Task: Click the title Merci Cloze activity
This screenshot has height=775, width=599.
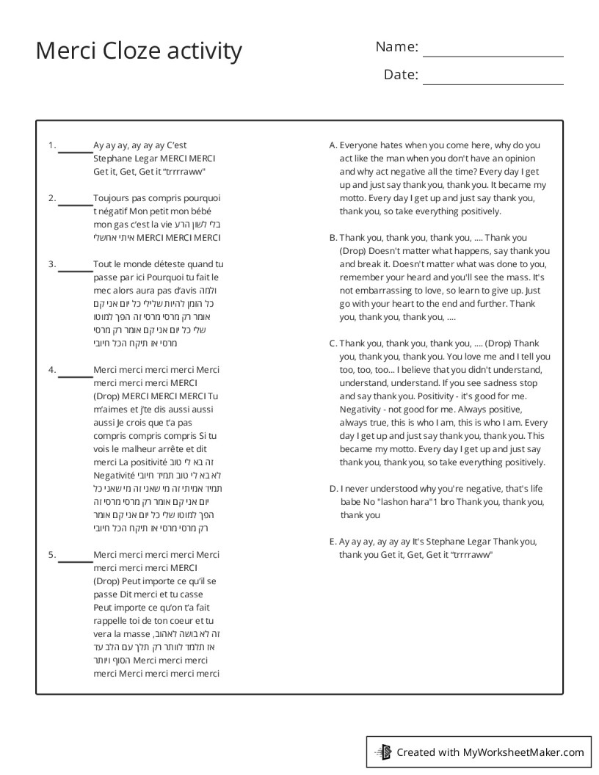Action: [x=139, y=51]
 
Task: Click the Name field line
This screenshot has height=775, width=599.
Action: [x=493, y=56]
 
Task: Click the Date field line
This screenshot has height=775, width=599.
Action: [x=493, y=84]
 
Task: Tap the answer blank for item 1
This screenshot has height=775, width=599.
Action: [x=75, y=151]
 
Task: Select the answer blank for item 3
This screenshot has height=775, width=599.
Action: [x=75, y=269]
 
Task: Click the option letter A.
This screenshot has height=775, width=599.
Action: [x=333, y=145]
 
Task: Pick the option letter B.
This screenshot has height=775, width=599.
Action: [x=333, y=238]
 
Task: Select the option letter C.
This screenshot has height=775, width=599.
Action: [x=333, y=343]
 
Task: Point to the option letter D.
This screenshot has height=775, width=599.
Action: [x=333, y=489]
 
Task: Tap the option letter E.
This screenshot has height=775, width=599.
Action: [x=333, y=542]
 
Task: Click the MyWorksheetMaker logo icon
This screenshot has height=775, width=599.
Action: [x=383, y=752]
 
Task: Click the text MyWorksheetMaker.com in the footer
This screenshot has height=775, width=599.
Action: [x=523, y=752]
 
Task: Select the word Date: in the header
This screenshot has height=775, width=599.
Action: [x=401, y=75]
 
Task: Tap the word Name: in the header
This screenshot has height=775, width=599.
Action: [x=396, y=47]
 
